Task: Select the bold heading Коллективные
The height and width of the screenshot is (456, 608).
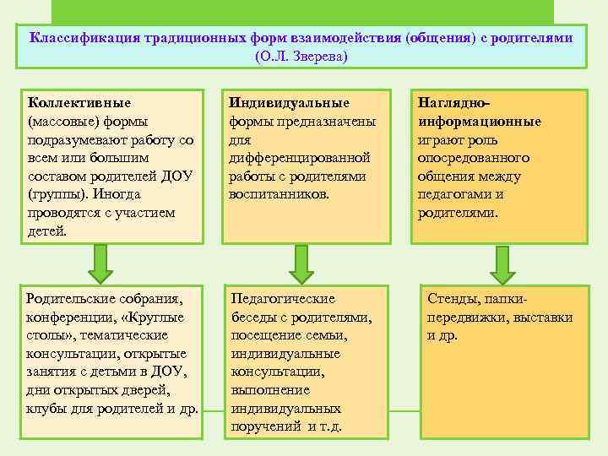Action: (x=79, y=103)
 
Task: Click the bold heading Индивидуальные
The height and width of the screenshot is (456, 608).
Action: (x=290, y=103)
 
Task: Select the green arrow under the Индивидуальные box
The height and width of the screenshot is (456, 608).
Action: (x=301, y=264)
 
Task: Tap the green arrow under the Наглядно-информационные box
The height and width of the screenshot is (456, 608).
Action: (x=502, y=264)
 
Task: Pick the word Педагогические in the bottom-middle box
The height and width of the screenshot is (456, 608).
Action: (x=283, y=299)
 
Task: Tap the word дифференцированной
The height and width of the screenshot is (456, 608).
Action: (x=300, y=158)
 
